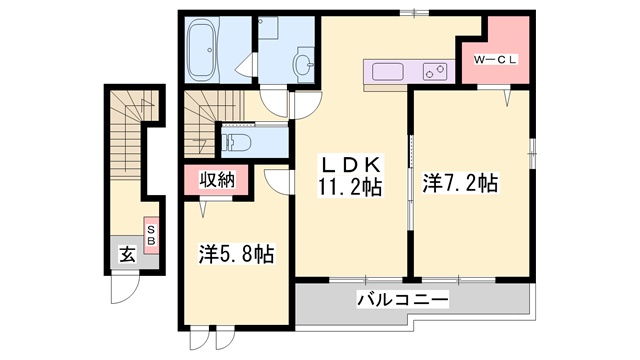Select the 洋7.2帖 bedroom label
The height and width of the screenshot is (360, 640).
click(x=460, y=183)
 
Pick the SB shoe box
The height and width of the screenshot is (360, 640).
click(x=151, y=236)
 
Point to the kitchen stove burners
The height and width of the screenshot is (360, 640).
click(x=435, y=72)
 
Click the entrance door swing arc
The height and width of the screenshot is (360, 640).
click(x=122, y=291)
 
